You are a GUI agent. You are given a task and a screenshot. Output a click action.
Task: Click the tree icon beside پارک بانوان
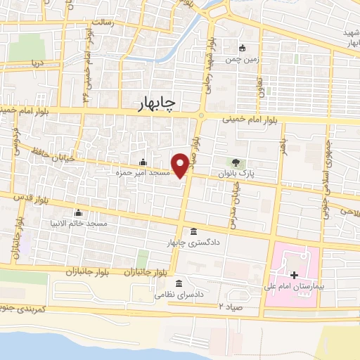[236, 160]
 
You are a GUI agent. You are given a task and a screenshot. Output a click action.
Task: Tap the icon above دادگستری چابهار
[194, 231]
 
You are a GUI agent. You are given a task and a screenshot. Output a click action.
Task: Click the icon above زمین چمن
[243, 48]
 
